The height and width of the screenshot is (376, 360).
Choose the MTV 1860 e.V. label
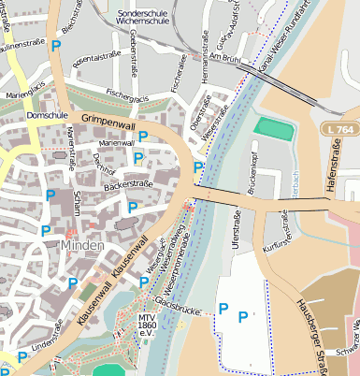click(146, 324)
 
